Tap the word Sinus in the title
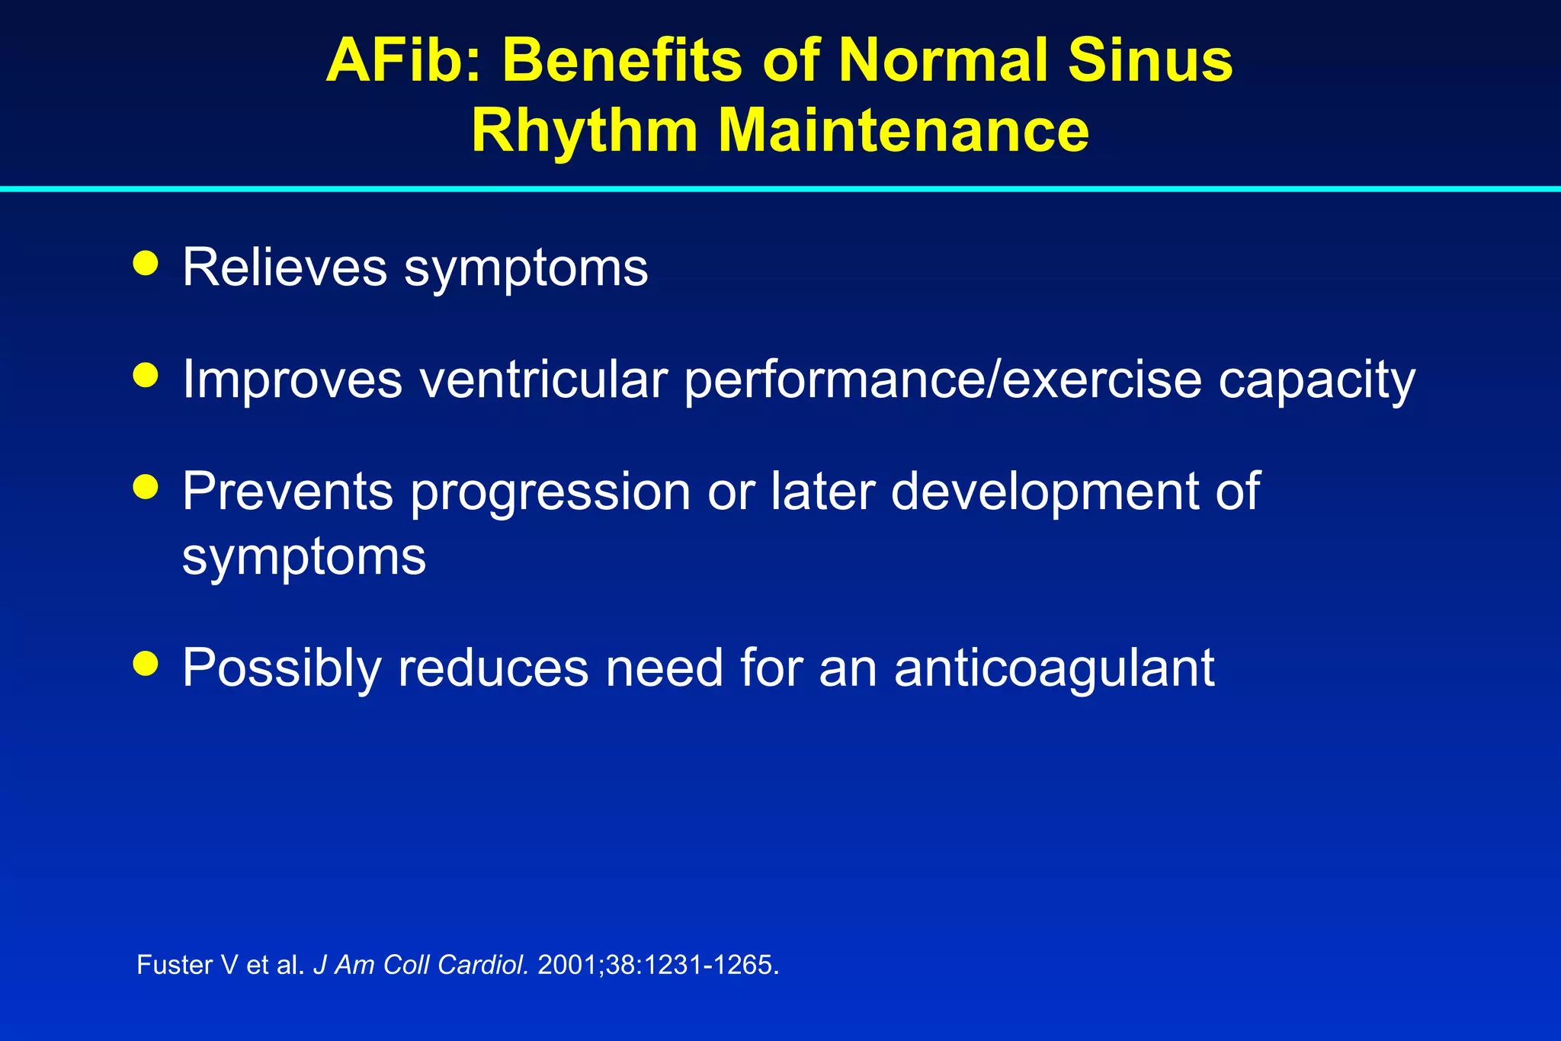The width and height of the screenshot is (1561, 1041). click(1149, 60)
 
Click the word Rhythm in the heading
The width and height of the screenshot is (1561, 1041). click(585, 130)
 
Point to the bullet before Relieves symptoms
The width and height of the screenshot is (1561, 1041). click(145, 264)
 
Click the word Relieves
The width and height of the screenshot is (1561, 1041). click(284, 267)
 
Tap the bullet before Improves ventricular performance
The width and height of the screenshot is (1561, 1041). click(145, 375)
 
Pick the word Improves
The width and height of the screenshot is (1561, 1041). click(292, 380)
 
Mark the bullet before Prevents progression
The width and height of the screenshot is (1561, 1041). click(145, 486)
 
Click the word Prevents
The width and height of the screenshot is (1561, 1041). click(287, 491)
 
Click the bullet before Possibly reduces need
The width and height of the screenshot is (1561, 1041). click(145, 663)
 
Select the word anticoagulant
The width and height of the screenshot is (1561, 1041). click(1054, 668)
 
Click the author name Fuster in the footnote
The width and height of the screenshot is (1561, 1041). click(175, 965)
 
